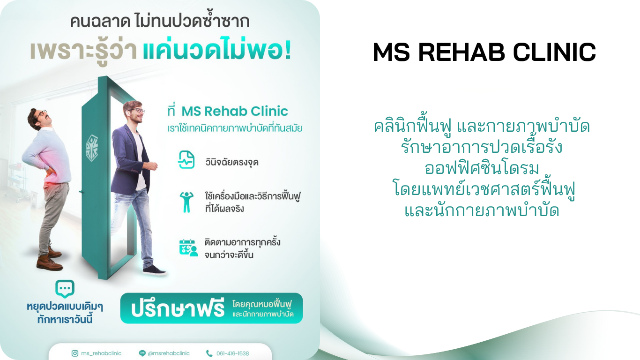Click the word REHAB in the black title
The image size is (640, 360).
tap(461, 52)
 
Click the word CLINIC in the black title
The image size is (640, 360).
tap(555, 52)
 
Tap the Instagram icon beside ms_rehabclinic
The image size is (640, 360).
tap(74, 353)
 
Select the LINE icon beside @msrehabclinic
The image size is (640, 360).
tap(142, 353)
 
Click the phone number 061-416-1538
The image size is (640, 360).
tap(232, 353)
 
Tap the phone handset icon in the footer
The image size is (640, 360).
tap(209, 353)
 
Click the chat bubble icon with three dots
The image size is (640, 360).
tap(65, 289)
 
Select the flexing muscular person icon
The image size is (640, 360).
tap(186, 202)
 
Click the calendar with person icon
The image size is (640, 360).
tap(188, 247)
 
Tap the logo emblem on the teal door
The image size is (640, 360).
tap(92, 148)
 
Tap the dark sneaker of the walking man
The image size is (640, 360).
tap(154, 270)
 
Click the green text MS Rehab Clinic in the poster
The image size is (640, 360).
tap(235, 111)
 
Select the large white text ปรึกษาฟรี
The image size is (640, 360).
tap(178, 308)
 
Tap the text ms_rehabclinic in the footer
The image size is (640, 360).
tap(101, 353)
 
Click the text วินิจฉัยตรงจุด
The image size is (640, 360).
tap(232, 162)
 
